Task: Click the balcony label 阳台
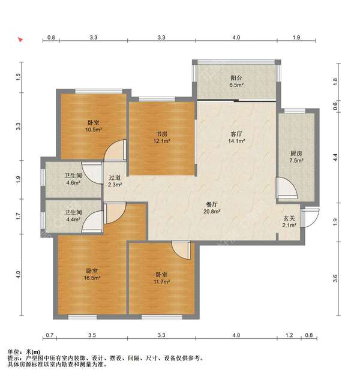pyautogui.click(x=236, y=78)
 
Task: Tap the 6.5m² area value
pyautogui.click(x=236, y=85)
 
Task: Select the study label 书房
pyautogui.click(x=161, y=134)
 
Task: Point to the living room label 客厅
pyautogui.click(x=236, y=134)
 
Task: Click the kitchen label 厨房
pyautogui.click(x=296, y=154)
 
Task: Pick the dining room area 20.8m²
pyautogui.click(x=212, y=212)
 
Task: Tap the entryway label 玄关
pyautogui.click(x=289, y=218)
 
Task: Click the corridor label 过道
pyautogui.click(x=115, y=178)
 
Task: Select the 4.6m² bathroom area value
pyautogui.click(x=73, y=183)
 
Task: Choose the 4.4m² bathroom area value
pyautogui.click(x=73, y=219)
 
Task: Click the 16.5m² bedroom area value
pyautogui.click(x=92, y=278)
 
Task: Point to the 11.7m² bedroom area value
pyautogui.click(x=161, y=282)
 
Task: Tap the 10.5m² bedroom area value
pyautogui.click(x=94, y=130)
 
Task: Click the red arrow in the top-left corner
pyautogui.click(x=20, y=40)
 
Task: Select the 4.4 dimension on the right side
pyautogui.click(x=335, y=158)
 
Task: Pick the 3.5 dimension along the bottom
pyautogui.click(x=92, y=335)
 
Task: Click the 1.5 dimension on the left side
pyautogui.click(x=19, y=77)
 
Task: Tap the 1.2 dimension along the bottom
pyautogui.click(x=289, y=335)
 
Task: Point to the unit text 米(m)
pyautogui.click(x=33, y=352)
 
